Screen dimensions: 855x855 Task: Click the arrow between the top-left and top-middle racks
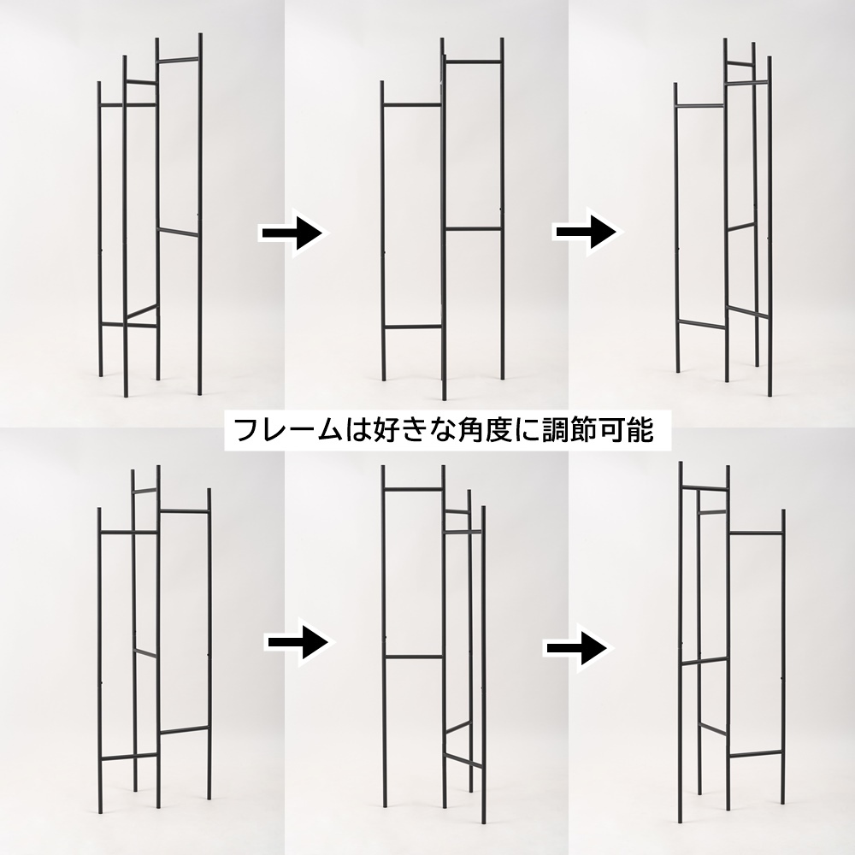(x=295, y=233)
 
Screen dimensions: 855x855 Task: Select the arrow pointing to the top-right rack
(x=588, y=232)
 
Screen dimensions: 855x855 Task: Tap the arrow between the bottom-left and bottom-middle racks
(x=298, y=641)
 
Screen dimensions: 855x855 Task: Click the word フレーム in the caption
(x=288, y=430)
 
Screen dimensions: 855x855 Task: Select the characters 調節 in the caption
(x=571, y=430)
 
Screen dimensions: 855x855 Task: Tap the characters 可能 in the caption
(x=626, y=430)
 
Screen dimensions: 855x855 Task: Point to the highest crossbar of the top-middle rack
(x=474, y=61)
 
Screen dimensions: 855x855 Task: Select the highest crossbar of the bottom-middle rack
(x=413, y=489)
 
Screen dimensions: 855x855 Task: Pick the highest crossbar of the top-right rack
(x=740, y=64)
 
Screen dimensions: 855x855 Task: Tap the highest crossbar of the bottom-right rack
(x=705, y=487)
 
